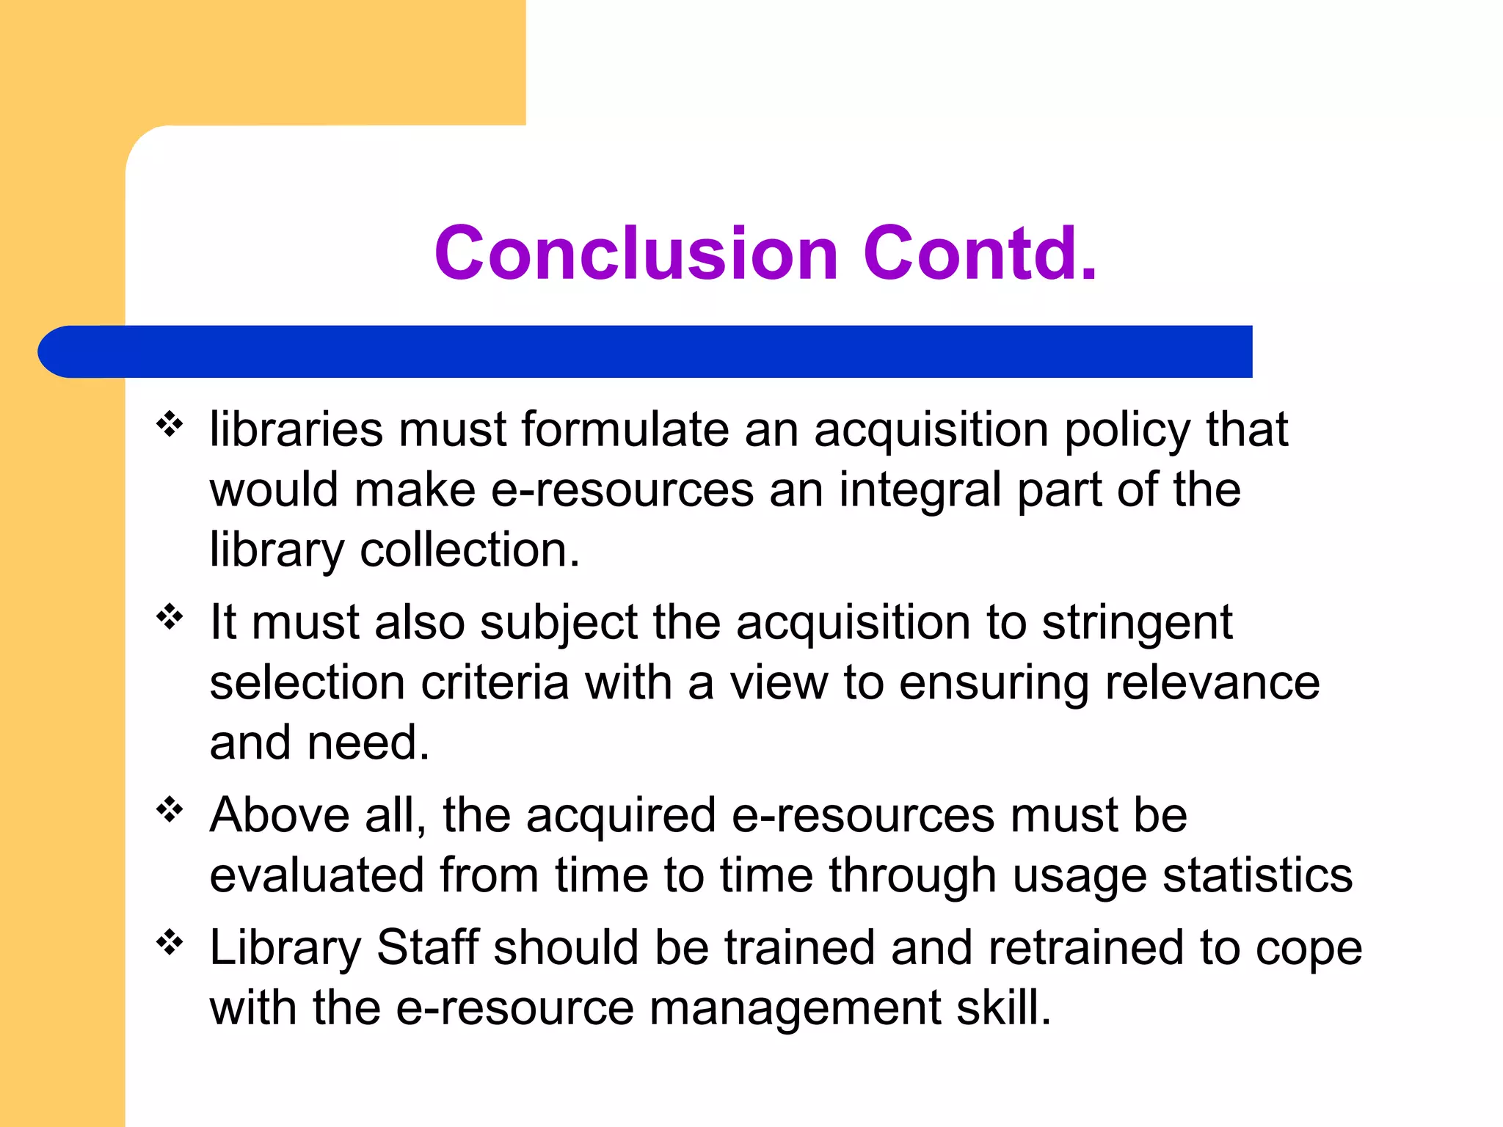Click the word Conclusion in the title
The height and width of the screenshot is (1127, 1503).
[x=636, y=253]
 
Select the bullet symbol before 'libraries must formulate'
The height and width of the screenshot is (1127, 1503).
[x=170, y=424]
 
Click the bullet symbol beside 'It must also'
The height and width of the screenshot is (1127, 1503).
[x=170, y=617]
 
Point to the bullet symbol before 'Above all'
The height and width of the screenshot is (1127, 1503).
[x=170, y=810]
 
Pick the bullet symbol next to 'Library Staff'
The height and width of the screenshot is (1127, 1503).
[x=170, y=942]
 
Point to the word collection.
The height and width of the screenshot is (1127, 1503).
[x=470, y=550]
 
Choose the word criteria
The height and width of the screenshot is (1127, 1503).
[x=495, y=682]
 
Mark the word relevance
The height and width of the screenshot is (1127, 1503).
[x=1212, y=682]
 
